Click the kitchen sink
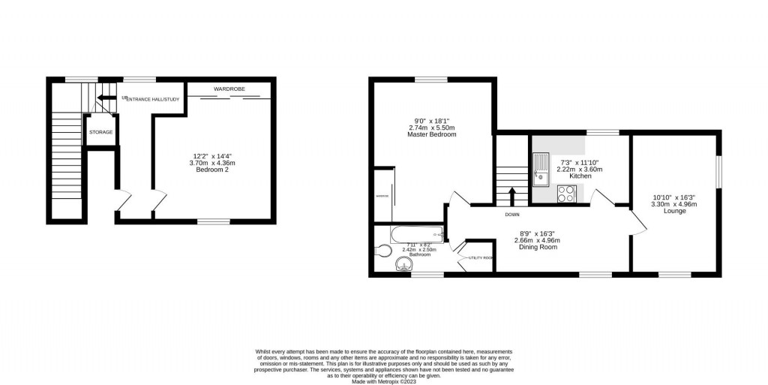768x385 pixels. (541, 168)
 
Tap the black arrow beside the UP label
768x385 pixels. (107, 98)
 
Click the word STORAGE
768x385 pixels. (101, 132)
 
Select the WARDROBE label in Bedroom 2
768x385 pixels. (229, 89)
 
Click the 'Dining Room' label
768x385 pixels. (537, 247)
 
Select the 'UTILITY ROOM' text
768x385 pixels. (481, 257)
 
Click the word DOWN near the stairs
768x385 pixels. (512, 215)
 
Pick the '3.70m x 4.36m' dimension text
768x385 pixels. (212, 163)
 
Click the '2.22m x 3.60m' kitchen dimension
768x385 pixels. (579, 169)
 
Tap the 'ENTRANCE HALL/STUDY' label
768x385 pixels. (153, 99)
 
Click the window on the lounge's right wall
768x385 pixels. (718, 170)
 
